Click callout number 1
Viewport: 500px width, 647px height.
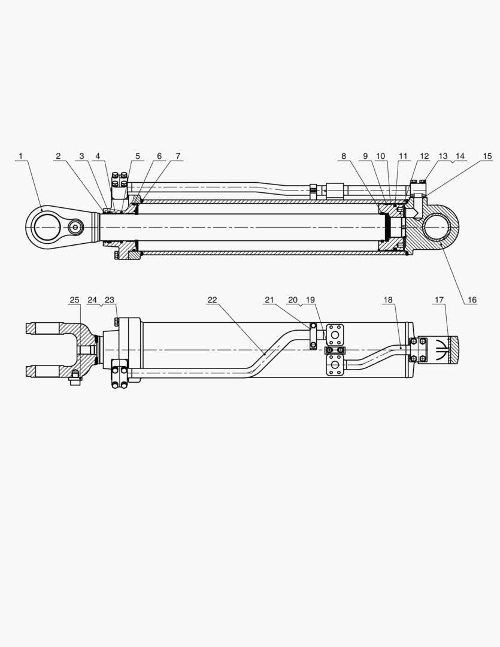click(x=20, y=156)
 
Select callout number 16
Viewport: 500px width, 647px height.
click(x=472, y=300)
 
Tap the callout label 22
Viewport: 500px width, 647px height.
click(x=213, y=300)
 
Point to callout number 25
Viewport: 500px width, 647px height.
click(x=74, y=300)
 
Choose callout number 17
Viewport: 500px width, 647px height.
click(x=440, y=300)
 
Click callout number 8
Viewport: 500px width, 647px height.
click(x=344, y=156)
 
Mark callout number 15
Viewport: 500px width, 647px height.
click(x=487, y=156)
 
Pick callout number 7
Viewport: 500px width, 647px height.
click(x=178, y=156)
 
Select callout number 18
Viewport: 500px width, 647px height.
click(x=389, y=300)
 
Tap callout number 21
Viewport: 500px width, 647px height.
click(x=269, y=300)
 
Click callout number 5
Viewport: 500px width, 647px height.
click(x=137, y=156)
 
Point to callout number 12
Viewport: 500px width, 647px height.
click(x=424, y=156)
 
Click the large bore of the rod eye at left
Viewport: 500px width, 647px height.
click(x=46, y=228)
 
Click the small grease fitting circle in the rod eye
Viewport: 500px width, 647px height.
click(x=75, y=228)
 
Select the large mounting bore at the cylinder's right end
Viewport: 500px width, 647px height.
click(x=438, y=226)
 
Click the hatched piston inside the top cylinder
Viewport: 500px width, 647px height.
click(x=392, y=228)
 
